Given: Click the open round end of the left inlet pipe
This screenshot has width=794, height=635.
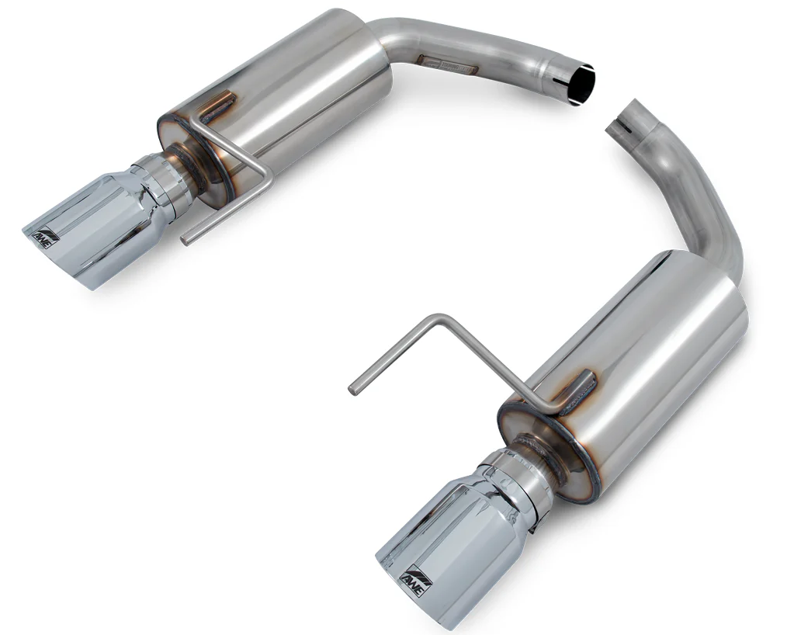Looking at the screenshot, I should click(581, 85).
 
